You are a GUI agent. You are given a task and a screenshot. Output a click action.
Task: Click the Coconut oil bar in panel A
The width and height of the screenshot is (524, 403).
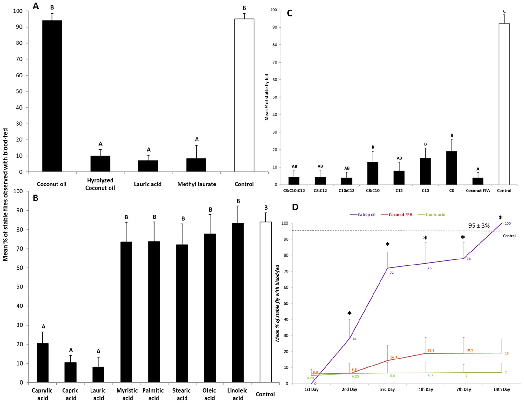pos(52,96)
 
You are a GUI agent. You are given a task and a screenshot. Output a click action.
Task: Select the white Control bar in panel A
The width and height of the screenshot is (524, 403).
pos(244,95)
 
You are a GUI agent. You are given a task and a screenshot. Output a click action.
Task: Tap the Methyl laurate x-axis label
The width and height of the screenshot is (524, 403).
pos(197,184)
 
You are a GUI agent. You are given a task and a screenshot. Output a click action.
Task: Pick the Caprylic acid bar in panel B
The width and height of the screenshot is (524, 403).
pos(43,363)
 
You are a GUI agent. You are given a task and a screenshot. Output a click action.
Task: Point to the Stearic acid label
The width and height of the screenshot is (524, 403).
pos(182,394)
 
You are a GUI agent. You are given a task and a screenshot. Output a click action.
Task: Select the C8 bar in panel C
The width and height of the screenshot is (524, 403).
pos(451,168)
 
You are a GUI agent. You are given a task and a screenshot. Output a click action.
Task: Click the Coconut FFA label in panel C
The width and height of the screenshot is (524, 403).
pos(478,191)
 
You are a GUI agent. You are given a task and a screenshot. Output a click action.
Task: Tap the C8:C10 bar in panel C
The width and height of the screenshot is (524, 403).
pos(373,173)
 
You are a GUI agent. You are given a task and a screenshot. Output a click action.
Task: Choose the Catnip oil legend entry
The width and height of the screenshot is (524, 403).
pos(362,215)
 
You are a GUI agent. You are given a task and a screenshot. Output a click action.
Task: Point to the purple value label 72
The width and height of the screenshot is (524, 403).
pos(392,273)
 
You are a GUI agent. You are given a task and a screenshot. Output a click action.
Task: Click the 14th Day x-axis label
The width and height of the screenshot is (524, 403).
pos(501,389)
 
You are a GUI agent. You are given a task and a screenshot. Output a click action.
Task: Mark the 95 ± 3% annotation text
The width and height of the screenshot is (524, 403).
pos(479,226)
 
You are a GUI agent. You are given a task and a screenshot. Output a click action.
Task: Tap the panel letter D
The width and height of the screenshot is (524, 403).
pos(295,207)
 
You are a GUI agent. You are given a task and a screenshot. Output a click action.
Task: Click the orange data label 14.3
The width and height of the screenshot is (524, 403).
pos(393,357)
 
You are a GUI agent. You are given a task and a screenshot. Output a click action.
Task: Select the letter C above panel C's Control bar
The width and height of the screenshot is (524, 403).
pos(504,12)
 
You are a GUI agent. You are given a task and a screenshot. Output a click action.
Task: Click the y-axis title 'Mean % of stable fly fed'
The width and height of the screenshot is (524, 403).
pos(267,97)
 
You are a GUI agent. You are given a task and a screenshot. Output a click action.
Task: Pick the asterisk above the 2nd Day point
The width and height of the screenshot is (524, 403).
pos(349,314)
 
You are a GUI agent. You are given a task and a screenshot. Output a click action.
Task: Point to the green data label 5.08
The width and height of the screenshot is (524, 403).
pos(311,378)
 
